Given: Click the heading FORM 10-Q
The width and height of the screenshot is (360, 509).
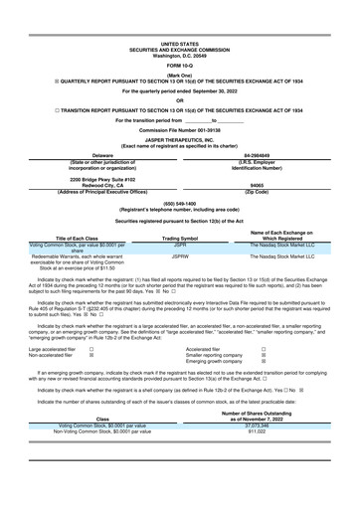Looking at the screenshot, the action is [179, 65].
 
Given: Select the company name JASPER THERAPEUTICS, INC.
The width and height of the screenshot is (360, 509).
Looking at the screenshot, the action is [179, 138].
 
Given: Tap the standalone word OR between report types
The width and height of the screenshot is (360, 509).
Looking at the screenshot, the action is [179, 99].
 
